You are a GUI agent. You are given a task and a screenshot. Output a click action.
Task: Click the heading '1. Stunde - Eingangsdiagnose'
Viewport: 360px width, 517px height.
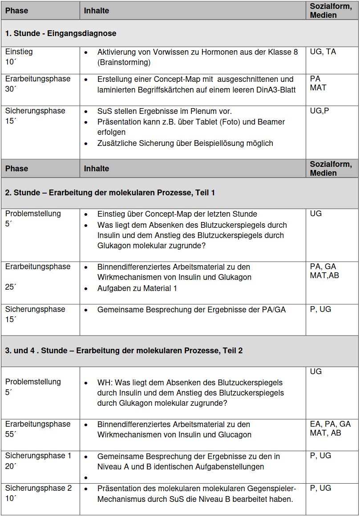(61, 33)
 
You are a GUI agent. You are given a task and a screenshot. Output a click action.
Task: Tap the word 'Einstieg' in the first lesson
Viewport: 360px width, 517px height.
(19, 52)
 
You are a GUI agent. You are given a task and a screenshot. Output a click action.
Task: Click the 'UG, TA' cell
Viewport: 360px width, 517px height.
(323, 52)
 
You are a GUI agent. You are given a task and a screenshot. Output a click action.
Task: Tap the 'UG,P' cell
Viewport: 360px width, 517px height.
(319, 111)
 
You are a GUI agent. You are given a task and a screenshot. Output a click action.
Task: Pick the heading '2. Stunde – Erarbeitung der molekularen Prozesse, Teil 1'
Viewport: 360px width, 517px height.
(110, 193)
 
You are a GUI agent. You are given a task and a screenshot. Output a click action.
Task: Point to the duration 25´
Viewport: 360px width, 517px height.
(10, 287)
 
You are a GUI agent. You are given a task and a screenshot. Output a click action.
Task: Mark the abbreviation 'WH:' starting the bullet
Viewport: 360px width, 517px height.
(105, 383)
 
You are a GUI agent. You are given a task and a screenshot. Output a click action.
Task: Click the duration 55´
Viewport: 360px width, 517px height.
(10, 435)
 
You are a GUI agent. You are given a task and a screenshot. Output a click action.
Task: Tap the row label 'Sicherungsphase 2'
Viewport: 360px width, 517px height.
(38, 488)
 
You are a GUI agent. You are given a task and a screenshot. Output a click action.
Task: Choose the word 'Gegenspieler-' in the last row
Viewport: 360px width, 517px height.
(268, 489)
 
